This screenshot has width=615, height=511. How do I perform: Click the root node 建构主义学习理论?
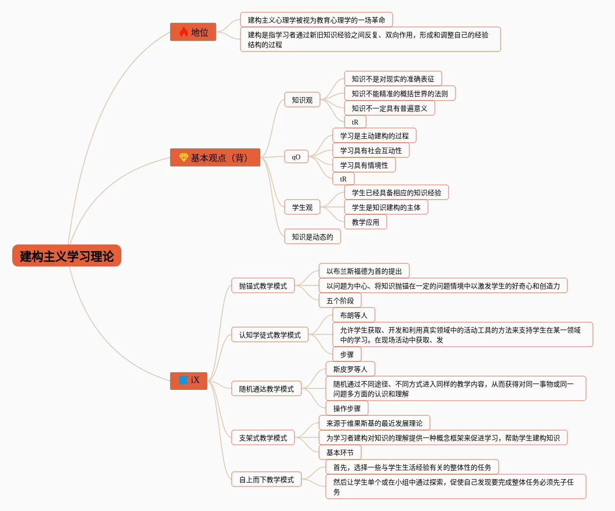(67, 256)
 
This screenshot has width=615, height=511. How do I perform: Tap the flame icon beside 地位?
(184, 32)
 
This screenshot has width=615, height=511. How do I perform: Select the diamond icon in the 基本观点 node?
(184, 157)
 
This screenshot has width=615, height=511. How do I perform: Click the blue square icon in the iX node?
(184, 380)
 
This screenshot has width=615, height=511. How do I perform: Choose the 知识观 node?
(302, 100)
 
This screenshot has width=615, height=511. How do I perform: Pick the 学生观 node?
(302, 207)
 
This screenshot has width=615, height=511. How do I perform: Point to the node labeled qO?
(296, 157)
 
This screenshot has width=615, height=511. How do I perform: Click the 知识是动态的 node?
(312, 237)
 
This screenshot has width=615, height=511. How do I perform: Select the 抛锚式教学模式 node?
(263, 286)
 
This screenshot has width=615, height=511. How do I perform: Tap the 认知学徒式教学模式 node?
(269, 335)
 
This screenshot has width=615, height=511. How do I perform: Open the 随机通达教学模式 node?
(266, 389)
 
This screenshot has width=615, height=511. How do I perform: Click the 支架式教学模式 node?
(263, 438)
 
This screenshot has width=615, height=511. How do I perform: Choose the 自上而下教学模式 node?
(266, 480)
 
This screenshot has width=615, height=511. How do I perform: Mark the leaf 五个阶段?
(340, 301)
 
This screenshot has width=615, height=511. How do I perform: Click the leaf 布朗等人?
(353, 315)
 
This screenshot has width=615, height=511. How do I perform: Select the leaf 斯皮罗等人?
(350, 369)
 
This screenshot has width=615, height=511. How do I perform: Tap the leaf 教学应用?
(365, 222)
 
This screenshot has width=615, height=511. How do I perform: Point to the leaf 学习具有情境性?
(364, 165)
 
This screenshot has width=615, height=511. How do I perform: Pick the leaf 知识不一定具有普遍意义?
(389, 108)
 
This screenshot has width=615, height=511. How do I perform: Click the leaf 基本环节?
(340, 453)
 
